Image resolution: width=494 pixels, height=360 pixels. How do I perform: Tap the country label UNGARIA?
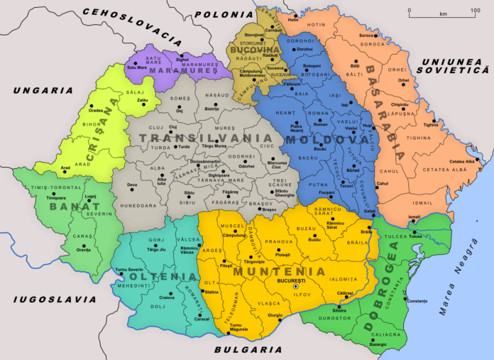pyautogui.click(x=42, y=90)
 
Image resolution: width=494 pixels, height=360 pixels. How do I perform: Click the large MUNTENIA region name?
pyautogui.click(x=287, y=271)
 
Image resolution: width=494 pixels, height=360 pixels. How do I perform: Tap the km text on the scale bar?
pyautogui.click(x=443, y=13)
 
